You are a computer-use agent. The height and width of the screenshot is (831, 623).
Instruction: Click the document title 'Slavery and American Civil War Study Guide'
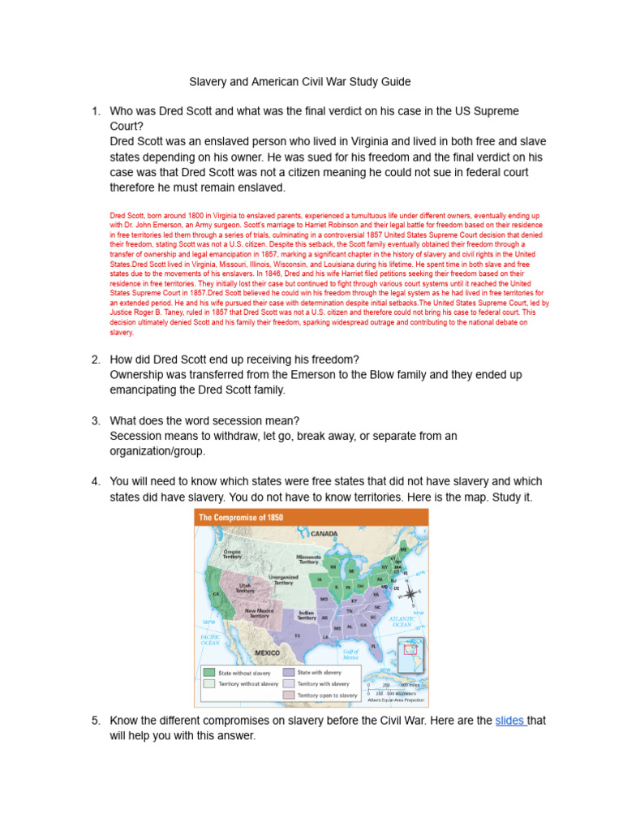click(300, 82)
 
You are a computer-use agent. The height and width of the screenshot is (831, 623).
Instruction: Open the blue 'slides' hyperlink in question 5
click(511, 720)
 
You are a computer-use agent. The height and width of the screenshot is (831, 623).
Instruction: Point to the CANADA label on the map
click(323, 534)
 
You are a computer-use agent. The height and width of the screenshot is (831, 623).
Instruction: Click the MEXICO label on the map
click(268, 652)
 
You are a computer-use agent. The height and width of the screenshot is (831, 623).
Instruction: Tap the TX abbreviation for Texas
click(297, 635)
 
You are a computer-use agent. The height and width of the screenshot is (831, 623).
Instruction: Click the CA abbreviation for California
click(216, 594)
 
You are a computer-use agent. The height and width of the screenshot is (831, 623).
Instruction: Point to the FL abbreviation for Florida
click(375, 646)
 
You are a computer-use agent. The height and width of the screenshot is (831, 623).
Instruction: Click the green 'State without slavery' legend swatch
click(209, 672)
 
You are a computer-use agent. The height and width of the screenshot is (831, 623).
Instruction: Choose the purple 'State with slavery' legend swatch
click(288, 672)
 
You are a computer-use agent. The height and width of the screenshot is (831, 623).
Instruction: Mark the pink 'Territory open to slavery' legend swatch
click(288, 695)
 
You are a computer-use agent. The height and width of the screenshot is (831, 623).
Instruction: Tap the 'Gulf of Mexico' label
click(350, 654)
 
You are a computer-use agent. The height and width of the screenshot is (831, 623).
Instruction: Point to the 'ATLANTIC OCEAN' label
click(402, 622)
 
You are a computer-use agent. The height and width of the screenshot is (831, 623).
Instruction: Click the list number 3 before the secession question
click(95, 420)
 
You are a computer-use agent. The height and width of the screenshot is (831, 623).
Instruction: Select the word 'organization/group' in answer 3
click(157, 451)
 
